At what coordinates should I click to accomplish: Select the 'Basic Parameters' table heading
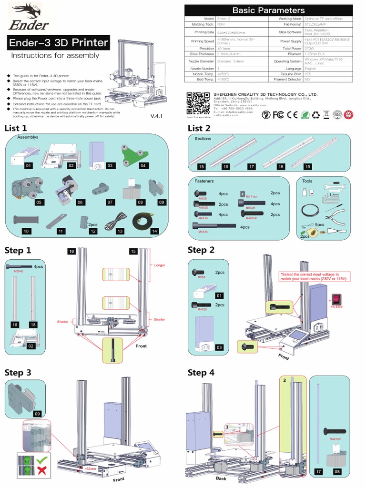click(x=268, y=10)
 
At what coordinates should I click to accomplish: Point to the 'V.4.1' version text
click(x=158, y=116)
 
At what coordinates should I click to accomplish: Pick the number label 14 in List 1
click(x=153, y=231)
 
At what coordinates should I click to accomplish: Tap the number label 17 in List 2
click(x=251, y=166)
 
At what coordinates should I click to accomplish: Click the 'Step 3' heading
click(x=18, y=373)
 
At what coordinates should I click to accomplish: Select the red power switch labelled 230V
click(x=336, y=299)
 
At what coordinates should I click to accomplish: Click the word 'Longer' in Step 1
click(x=159, y=265)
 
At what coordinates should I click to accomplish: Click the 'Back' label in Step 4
click(x=221, y=478)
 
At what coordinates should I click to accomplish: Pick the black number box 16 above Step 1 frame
click(x=72, y=251)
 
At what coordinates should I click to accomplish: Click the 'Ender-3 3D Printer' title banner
click(x=57, y=43)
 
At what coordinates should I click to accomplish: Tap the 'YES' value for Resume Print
click(x=308, y=74)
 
